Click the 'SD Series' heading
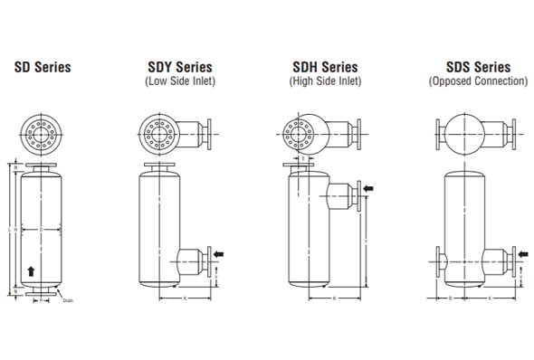tap(41, 67)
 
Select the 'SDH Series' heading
tap(326, 67)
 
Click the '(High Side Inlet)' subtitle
tap(326, 81)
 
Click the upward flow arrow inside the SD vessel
tap(33, 270)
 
